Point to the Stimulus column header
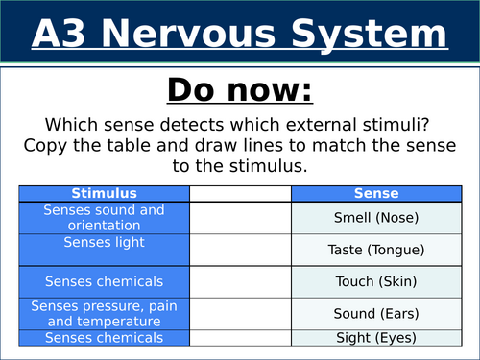pyautogui.click(x=105, y=193)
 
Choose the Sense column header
pyautogui.click(x=375, y=193)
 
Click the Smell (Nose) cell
pyautogui.click(x=375, y=218)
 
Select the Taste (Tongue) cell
pyautogui.click(x=375, y=250)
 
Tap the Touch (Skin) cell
pyautogui.click(x=375, y=282)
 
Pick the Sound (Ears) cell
pyautogui.click(x=375, y=313)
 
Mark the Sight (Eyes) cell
pyautogui.click(x=375, y=337)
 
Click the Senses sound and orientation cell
pyautogui.click(x=105, y=217)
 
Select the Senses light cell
pyautogui.click(x=105, y=243)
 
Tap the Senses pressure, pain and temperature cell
pyautogui.click(x=105, y=313)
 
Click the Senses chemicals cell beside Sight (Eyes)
pyautogui.click(x=105, y=337)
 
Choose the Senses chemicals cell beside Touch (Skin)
pyautogui.click(x=105, y=282)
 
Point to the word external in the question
pyautogui.click(x=306, y=125)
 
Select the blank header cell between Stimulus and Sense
pyautogui.click(x=240, y=193)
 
